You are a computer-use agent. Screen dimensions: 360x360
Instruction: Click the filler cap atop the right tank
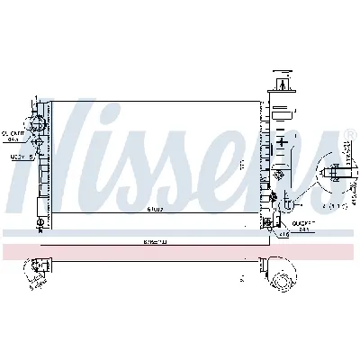283,82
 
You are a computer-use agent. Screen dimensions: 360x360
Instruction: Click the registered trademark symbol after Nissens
349,135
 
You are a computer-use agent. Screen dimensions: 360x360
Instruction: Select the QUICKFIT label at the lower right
304,225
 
